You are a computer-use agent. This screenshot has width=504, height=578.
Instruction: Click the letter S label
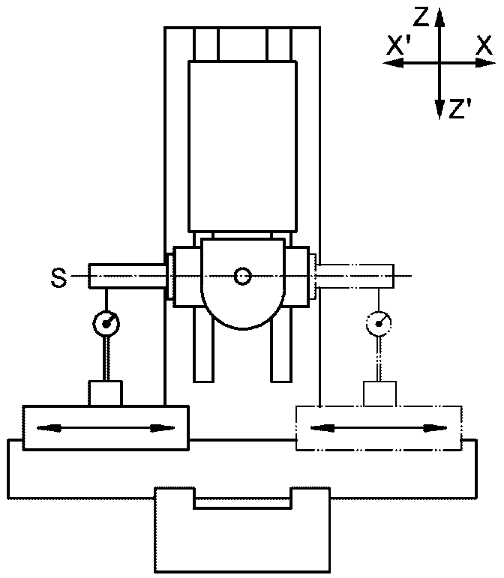coord(59,277)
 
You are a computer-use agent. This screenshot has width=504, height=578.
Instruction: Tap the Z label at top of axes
coord(421,17)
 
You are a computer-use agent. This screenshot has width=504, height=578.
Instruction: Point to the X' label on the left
coord(399,46)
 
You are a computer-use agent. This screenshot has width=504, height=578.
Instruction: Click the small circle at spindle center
coord(242,276)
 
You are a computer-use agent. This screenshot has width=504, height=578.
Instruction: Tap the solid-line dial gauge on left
coord(106,324)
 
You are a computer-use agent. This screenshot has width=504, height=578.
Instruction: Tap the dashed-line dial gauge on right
coord(379,323)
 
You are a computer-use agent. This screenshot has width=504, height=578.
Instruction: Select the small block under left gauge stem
coord(106,394)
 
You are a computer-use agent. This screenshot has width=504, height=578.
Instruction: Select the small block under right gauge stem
coord(379,394)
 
